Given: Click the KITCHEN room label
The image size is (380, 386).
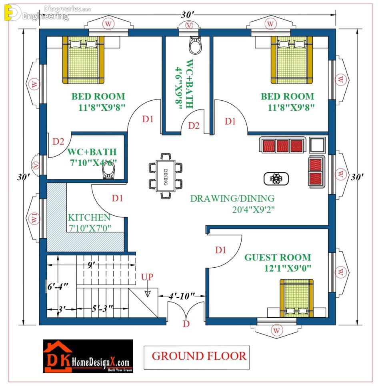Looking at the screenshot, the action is coord(89,217).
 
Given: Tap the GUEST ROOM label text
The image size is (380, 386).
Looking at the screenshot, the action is coord(278,257).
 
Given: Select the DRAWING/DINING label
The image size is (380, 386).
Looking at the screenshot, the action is coord(232,199).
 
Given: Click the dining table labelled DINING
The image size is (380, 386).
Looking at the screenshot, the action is coord(165,176).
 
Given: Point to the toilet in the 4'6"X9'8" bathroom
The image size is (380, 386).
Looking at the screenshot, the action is coord(195,45).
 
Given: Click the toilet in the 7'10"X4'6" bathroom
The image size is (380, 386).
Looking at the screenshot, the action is coord(108,170).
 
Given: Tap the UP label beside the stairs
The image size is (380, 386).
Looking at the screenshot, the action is coord(147,277).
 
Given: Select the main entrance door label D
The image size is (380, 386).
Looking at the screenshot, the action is coord(186,324).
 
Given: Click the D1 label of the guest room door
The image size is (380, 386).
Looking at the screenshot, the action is coord(220,250).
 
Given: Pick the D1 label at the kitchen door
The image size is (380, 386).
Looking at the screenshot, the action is coord(117,198).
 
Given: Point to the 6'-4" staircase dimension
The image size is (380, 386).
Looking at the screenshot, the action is coord(58,286).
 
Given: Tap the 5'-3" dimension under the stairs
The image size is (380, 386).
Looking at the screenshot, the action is coord(102,308).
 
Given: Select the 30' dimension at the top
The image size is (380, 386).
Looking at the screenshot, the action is coord(188,15).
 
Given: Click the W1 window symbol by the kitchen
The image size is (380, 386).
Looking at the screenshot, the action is coord(34,218).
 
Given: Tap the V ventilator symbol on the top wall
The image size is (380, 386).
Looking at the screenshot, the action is coord(189,25).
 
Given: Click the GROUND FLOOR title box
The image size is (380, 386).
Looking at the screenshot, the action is coord(197,358).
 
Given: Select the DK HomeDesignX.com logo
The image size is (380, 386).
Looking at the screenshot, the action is coord(88,356).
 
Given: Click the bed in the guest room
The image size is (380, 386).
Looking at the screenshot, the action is coord(297,298).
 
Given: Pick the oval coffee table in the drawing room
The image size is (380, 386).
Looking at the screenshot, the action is coord(276,179).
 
